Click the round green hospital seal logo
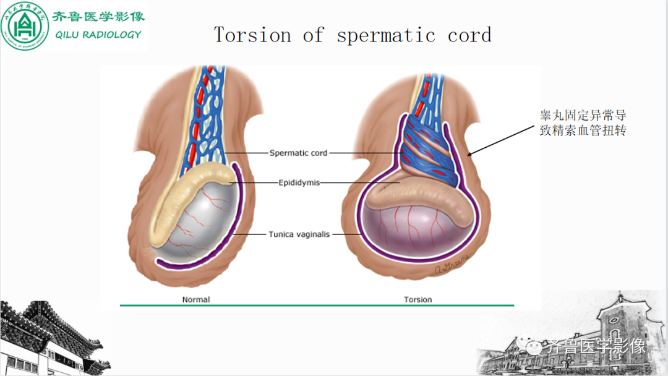tap(25, 25)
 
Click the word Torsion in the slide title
tap(252, 35)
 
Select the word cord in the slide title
tap(469, 35)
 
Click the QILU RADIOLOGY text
tap(98, 35)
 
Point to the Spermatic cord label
tap(298, 153)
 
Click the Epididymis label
tap(299, 182)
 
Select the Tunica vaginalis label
tap(299, 234)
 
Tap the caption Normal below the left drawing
tap(196, 299)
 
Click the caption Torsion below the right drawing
tap(418, 299)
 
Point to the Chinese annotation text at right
tap(583, 122)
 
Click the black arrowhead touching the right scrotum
tap(471, 153)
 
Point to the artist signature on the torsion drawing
tap(452, 264)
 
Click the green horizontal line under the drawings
tap(317, 305)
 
